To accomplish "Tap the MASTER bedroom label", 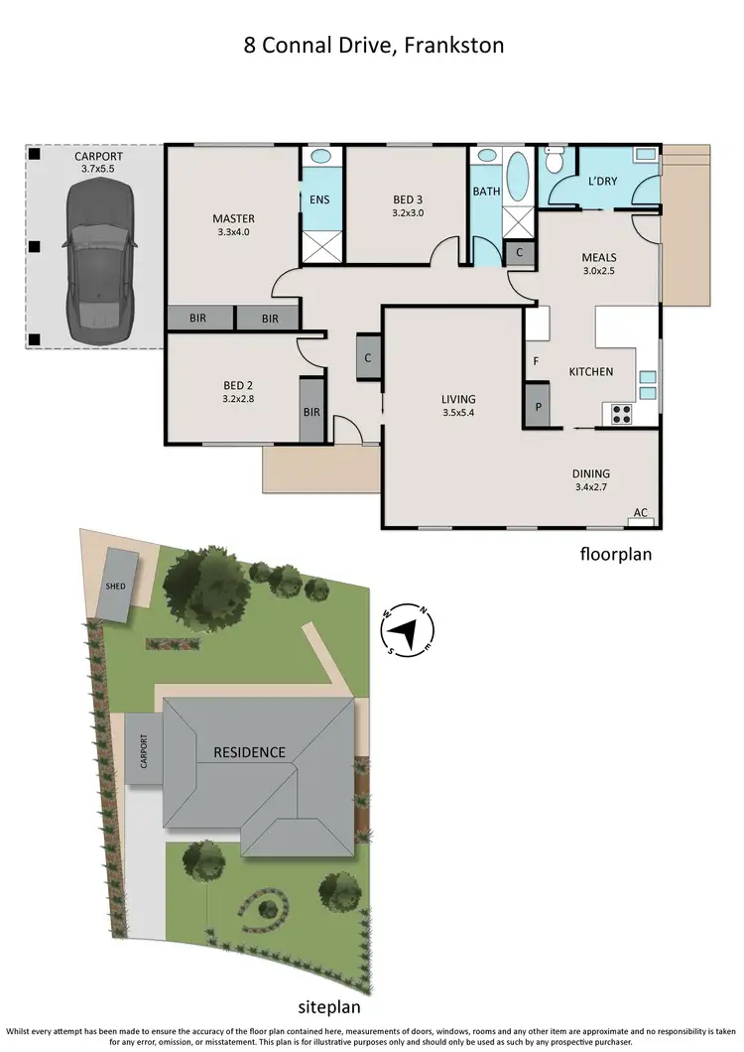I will [233, 225].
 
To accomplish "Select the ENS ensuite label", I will [319, 199].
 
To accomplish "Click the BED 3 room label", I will [408, 205].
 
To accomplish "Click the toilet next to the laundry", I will [555, 162].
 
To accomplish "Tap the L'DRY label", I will [604, 182].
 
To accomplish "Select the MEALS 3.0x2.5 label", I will [599, 264].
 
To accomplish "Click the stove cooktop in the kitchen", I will [622, 415].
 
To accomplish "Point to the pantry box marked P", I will [539, 406].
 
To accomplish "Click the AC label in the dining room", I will [641, 513].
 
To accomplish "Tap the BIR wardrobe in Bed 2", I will [311, 411].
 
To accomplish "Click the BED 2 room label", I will [239, 396].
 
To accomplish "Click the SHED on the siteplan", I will [116, 586].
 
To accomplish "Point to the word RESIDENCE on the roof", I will [249, 752].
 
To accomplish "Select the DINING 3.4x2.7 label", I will [590, 480].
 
